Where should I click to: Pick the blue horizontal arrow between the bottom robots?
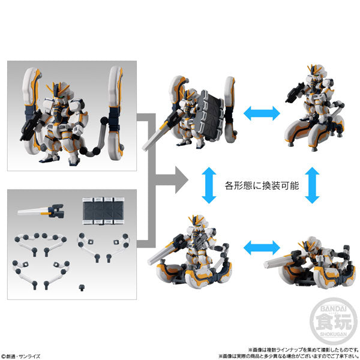pyautogui.click(x=262, y=247)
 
